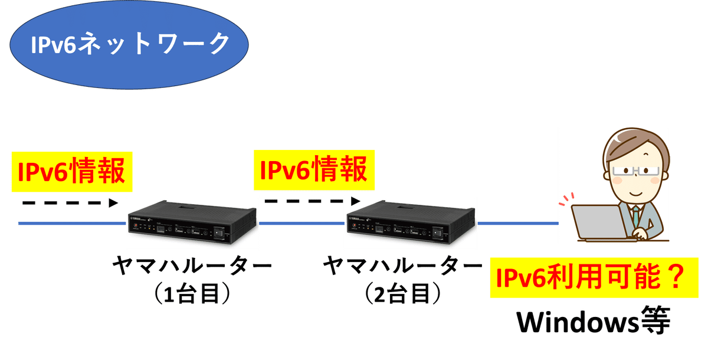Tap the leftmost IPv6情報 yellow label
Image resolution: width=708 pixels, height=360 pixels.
coord(71,172)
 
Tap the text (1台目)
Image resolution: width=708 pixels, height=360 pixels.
coord(191,294)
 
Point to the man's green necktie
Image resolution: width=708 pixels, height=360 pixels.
coord(637,212)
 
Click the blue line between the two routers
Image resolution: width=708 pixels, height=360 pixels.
coord(301,224)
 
